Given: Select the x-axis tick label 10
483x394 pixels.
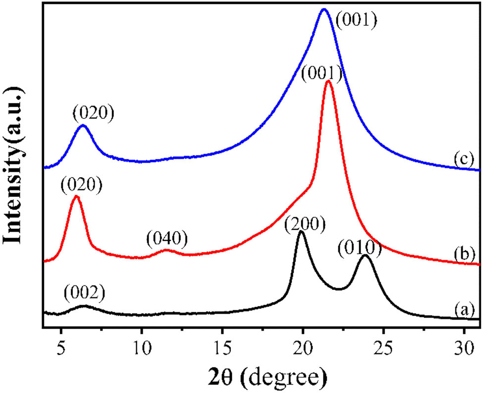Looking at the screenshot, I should pyautogui.click(x=142, y=343).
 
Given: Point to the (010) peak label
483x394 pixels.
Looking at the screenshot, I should pyautogui.click(x=361, y=247).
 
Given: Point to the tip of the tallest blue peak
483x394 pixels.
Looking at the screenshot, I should pyautogui.click(x=324, y=9).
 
